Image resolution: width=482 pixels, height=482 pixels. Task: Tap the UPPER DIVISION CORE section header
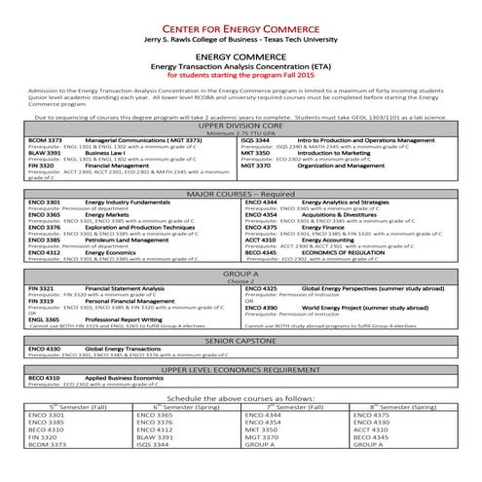(241, 126)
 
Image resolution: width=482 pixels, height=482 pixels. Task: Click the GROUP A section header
(241, 276)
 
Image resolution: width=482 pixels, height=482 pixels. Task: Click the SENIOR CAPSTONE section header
(241, 340)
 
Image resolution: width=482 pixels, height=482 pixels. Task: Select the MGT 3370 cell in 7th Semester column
(263, 437)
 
